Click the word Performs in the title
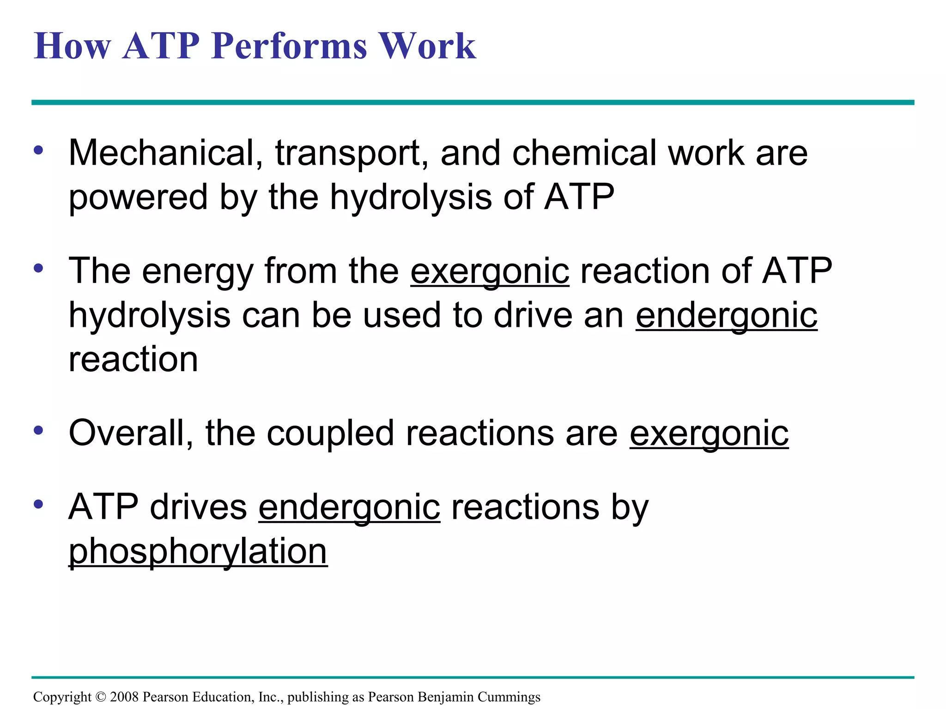click(289, 46)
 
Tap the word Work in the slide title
click(427, 46)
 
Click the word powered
click(138, 198)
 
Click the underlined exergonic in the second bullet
click(490, 271)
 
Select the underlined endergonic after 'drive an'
click(726, 316)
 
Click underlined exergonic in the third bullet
click(709, 434)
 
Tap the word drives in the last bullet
click(199, 507)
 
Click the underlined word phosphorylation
click(198, 552)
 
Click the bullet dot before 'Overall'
click(38, 430)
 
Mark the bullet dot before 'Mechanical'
click(38, 150)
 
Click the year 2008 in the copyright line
click(124, 697)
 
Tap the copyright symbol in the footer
click(101, 697)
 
